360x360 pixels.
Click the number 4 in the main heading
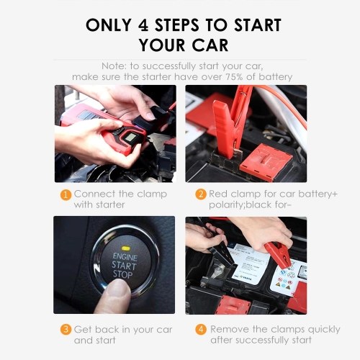click(x=143, y=25)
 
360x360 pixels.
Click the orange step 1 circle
click(x=66, y=195)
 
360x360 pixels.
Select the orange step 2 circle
click(x=201, y=194)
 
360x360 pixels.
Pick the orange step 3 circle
click(x=66, y=330)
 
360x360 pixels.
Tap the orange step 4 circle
click(x=201, y=330)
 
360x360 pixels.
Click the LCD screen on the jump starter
click(x=130, y=138)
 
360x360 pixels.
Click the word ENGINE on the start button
click(x=125, y=257)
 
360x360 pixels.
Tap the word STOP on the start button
click(x=122, y=274)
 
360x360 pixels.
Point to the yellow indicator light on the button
click(x=125, y=248)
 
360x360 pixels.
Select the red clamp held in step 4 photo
click(x=278, y=254)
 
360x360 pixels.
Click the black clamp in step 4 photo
click(x=222, y=254)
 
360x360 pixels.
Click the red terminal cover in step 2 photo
click(x=266, y=159)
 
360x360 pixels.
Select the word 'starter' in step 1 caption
click(x=110, y=204)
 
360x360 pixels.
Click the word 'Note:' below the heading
click(x=114, y=66)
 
